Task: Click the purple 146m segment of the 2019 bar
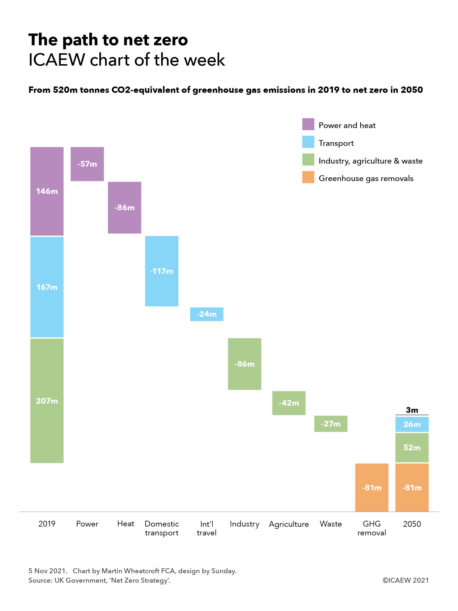[x=47, y=191]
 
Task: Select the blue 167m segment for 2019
[x=47, y=287]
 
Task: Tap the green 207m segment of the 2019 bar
[x=47, y=400]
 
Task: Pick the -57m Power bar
[x=87, y=164]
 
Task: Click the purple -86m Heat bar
[x=124, y=207]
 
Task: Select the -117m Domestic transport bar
[x=161, y=271]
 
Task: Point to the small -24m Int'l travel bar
[x=206, y=314]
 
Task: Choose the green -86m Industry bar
[x=244, y=364]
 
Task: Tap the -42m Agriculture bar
[x=289, y=403]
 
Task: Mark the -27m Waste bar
[x=331, y=424]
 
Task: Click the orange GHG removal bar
[x=372, y=488]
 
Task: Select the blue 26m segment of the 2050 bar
[x=412, y=424]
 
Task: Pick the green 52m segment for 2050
[x=412, y=447]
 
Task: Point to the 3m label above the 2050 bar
[x=412, y=410]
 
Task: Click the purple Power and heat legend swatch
[x=308, y=124]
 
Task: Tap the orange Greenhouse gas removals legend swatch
[x=308, y=177]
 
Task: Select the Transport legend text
[x=336, y=143]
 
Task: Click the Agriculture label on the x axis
[x=289, y=524]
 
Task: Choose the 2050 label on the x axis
[x=412, y=524]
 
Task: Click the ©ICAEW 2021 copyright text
[x=405, y=580]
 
